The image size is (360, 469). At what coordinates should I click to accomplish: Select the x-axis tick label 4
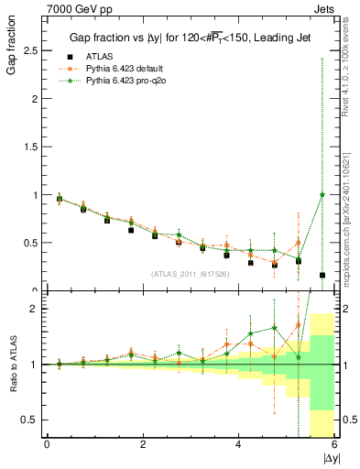pyautogui.click(x=239, y=445)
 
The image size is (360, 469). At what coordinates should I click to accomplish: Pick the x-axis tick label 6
pyautogui.click(x=334, y=445)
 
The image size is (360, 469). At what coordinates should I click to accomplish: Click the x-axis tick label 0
pyautogui.click(x=47, y=445)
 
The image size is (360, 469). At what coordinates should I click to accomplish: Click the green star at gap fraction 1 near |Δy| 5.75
pyautogui.click(x=322, y=194)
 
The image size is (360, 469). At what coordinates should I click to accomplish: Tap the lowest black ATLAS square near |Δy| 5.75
pyautogui.click(x=322, y=275)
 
